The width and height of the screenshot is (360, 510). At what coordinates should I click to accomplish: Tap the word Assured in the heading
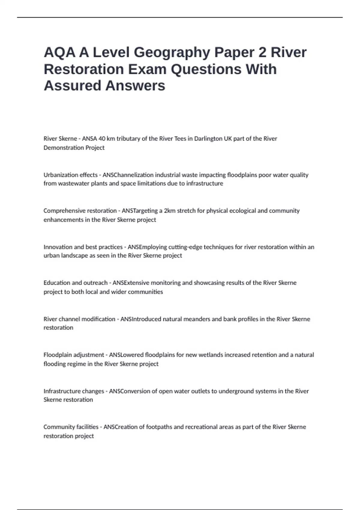coord(72,85)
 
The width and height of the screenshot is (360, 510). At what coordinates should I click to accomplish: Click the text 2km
coord(169,211)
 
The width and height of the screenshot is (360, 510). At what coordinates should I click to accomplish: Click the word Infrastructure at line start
coord(62,391)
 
